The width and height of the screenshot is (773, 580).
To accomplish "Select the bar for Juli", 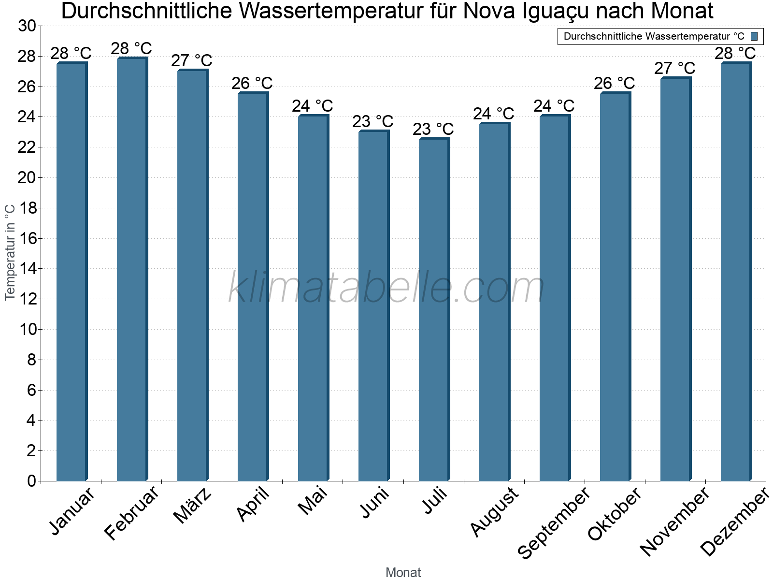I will tap(434, 309).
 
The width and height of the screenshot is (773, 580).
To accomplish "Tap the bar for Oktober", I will tap(615, 287).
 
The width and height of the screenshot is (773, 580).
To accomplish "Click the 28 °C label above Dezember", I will tap(735, 53).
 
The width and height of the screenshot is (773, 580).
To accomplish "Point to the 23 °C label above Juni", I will tap(372, 121).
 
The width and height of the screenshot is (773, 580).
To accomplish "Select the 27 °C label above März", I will tap(191, 60).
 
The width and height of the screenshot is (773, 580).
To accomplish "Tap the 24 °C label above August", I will tap(493, 114).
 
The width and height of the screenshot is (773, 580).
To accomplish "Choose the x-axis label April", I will tap(253, 505).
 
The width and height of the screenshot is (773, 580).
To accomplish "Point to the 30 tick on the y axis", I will tap(27, 26).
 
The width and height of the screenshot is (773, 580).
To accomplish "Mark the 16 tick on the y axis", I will tap(27, 238).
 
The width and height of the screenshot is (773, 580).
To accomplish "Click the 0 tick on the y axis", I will tap(32, 481).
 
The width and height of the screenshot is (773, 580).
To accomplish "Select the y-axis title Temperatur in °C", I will tap(10, 252).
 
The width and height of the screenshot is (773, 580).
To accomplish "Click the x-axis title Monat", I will tap(403, 572).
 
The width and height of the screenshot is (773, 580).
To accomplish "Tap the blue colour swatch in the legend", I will tap(754, 36).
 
